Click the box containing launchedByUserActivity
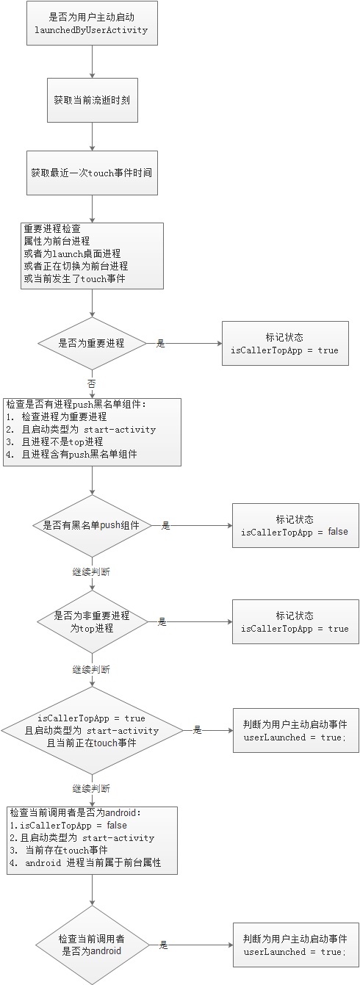click(91, 23)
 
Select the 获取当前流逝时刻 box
click(91, 100)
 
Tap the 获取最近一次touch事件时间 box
click(91, 173)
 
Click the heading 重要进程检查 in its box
click(52, 229)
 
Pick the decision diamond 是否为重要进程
click(91, 343)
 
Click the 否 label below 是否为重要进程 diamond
click(91, 383)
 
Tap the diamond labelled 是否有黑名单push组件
click(91, 525)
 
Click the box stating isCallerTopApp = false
click(295, 525)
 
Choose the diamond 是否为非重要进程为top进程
click(91, 621)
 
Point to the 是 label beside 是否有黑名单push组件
click(165, 525)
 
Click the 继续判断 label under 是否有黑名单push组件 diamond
click(91, 571)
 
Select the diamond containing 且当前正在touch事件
click(91, 730)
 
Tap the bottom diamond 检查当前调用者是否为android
click(91, 945)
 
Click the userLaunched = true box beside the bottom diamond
click(295, 945)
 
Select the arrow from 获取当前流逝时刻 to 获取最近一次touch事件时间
click(91, 137)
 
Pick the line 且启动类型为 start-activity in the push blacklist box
click(81, 429)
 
